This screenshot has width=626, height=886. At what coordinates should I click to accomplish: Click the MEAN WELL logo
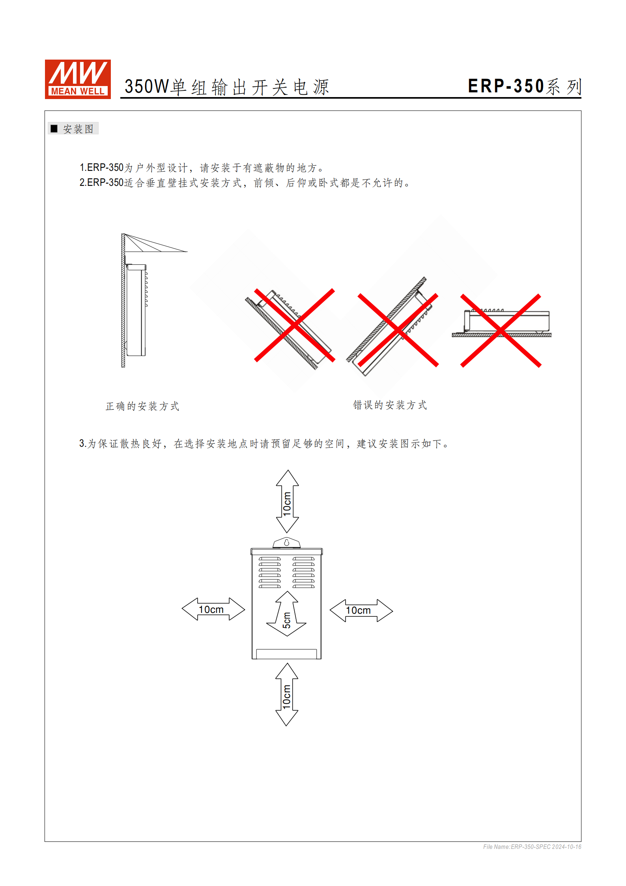pos(78,79)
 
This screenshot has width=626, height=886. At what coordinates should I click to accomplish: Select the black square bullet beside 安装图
pos(54,129)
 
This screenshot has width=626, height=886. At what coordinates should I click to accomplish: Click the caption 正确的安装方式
pos(142,406)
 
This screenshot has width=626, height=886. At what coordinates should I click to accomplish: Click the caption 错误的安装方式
pos(390,405)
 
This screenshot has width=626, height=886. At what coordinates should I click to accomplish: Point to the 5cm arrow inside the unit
pos(287,614)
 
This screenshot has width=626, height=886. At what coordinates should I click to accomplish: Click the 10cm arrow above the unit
pos(287,501)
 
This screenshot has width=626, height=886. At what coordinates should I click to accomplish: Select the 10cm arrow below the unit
pos(287,695)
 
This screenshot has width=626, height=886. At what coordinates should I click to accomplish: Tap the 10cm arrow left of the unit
pos(213,609)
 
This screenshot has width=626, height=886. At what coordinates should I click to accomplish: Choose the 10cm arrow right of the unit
pos(361,611)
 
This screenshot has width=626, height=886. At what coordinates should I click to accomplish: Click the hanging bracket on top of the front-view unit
pos(286,543)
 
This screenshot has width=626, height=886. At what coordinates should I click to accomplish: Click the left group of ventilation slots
pos(270,572)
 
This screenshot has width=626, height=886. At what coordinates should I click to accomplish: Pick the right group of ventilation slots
pos(303,572)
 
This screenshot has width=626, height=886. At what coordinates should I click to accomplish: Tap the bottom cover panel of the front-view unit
pos(286,654)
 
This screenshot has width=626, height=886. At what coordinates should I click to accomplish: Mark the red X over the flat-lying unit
pos(501,331)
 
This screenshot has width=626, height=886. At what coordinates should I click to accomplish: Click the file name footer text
pos(532,847)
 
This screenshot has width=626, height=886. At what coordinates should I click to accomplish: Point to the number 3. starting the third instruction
pos(82,444)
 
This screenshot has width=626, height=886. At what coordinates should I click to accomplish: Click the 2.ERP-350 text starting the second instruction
pos(102,183)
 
